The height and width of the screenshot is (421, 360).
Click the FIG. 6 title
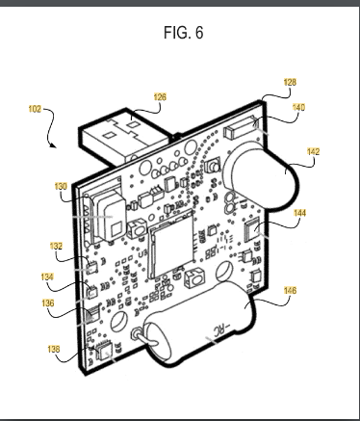pos(183,33)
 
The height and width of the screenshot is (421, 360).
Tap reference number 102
pos(35,109)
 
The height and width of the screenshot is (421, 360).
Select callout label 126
pos(160,96)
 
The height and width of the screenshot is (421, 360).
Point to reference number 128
pos(290,82)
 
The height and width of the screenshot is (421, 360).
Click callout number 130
pos(61,186)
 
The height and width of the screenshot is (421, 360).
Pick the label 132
pos(56,246)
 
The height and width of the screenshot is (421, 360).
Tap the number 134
pos(47,276)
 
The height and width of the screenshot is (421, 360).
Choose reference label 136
pos(48,303)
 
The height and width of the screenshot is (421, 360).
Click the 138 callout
pos(54,349)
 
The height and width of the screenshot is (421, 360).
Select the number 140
pos(298,107)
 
